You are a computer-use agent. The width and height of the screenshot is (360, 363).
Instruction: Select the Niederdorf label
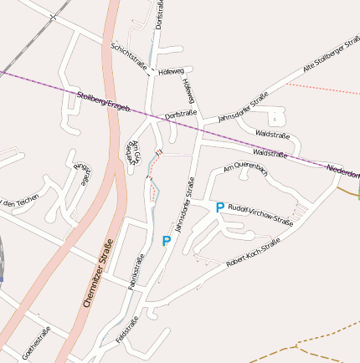coord(342,172)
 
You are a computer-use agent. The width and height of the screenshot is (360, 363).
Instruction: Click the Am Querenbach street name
coord(245,169)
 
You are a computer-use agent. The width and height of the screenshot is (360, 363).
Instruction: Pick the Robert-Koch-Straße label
coord(253,253)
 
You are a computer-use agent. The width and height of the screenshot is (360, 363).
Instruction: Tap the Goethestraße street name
coord(38,342)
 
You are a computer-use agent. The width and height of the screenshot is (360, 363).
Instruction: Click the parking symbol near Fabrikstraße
coord(166,242)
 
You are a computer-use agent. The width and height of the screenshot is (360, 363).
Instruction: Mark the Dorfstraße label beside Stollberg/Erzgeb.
coord(181,113)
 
